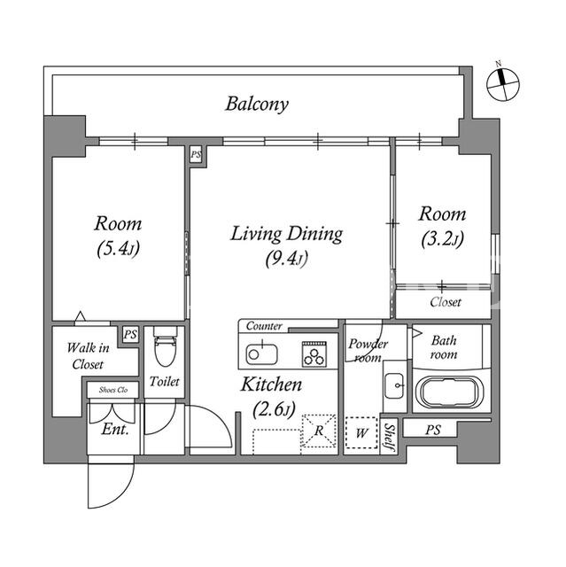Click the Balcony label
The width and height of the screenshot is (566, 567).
pos(257,105)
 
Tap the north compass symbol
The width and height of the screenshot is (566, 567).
pos(502,83)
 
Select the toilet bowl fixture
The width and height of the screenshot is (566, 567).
pos(165,346)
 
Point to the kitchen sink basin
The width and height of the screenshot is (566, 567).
pos(261,353)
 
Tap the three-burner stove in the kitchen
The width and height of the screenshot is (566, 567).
pos(314,354)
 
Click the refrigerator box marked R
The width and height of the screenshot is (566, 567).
pos(318,431)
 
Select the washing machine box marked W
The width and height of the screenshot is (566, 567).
pos(361,433)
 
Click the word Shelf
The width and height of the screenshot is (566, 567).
pos(389,437)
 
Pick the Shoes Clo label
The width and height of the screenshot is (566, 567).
pos(113,390)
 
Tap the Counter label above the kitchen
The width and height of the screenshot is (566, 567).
pos(264,326)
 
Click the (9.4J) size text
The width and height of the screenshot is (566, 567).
pos(286,259)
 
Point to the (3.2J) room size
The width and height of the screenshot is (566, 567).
pos(442,239)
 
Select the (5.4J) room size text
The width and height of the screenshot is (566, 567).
pos(118,249)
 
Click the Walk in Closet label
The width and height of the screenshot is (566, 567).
pos(88,356)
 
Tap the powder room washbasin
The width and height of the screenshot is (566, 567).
pos(394,385)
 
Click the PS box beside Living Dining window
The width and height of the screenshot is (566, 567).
pos(196,155)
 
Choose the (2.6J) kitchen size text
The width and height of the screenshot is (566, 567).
pos(274,409)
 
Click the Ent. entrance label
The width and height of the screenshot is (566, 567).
pos(115,429)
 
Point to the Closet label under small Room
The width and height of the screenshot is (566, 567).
pos(446,302)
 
